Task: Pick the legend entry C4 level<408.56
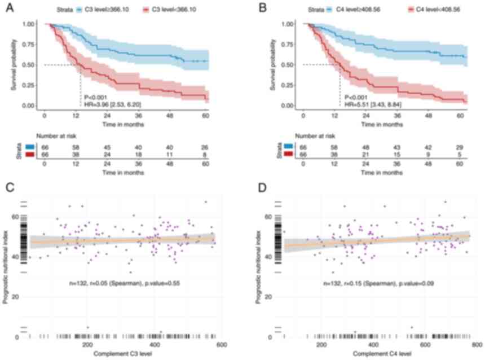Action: [x=433, y=10]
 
